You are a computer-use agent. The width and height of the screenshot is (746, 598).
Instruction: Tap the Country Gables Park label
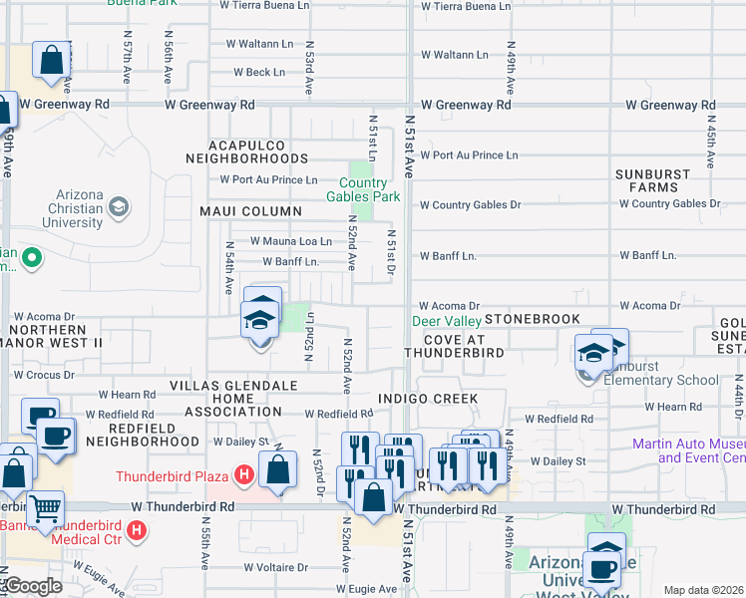(x=363, y=189)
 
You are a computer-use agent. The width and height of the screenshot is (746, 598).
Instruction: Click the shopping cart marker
(x=45, y=509)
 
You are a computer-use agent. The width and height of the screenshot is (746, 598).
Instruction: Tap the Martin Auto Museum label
(x=688, y=450)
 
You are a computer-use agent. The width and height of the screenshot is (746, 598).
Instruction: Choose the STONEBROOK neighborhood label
(x=533, y=319)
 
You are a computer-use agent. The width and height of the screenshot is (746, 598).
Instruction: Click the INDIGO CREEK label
(x=429, y=399)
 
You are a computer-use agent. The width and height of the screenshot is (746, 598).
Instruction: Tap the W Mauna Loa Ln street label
(x=290, y=241)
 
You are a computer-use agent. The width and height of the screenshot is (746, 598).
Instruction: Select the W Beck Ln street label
(x=258, y=73)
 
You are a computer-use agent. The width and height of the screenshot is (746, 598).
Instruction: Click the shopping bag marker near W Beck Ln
(x=51, y=60)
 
